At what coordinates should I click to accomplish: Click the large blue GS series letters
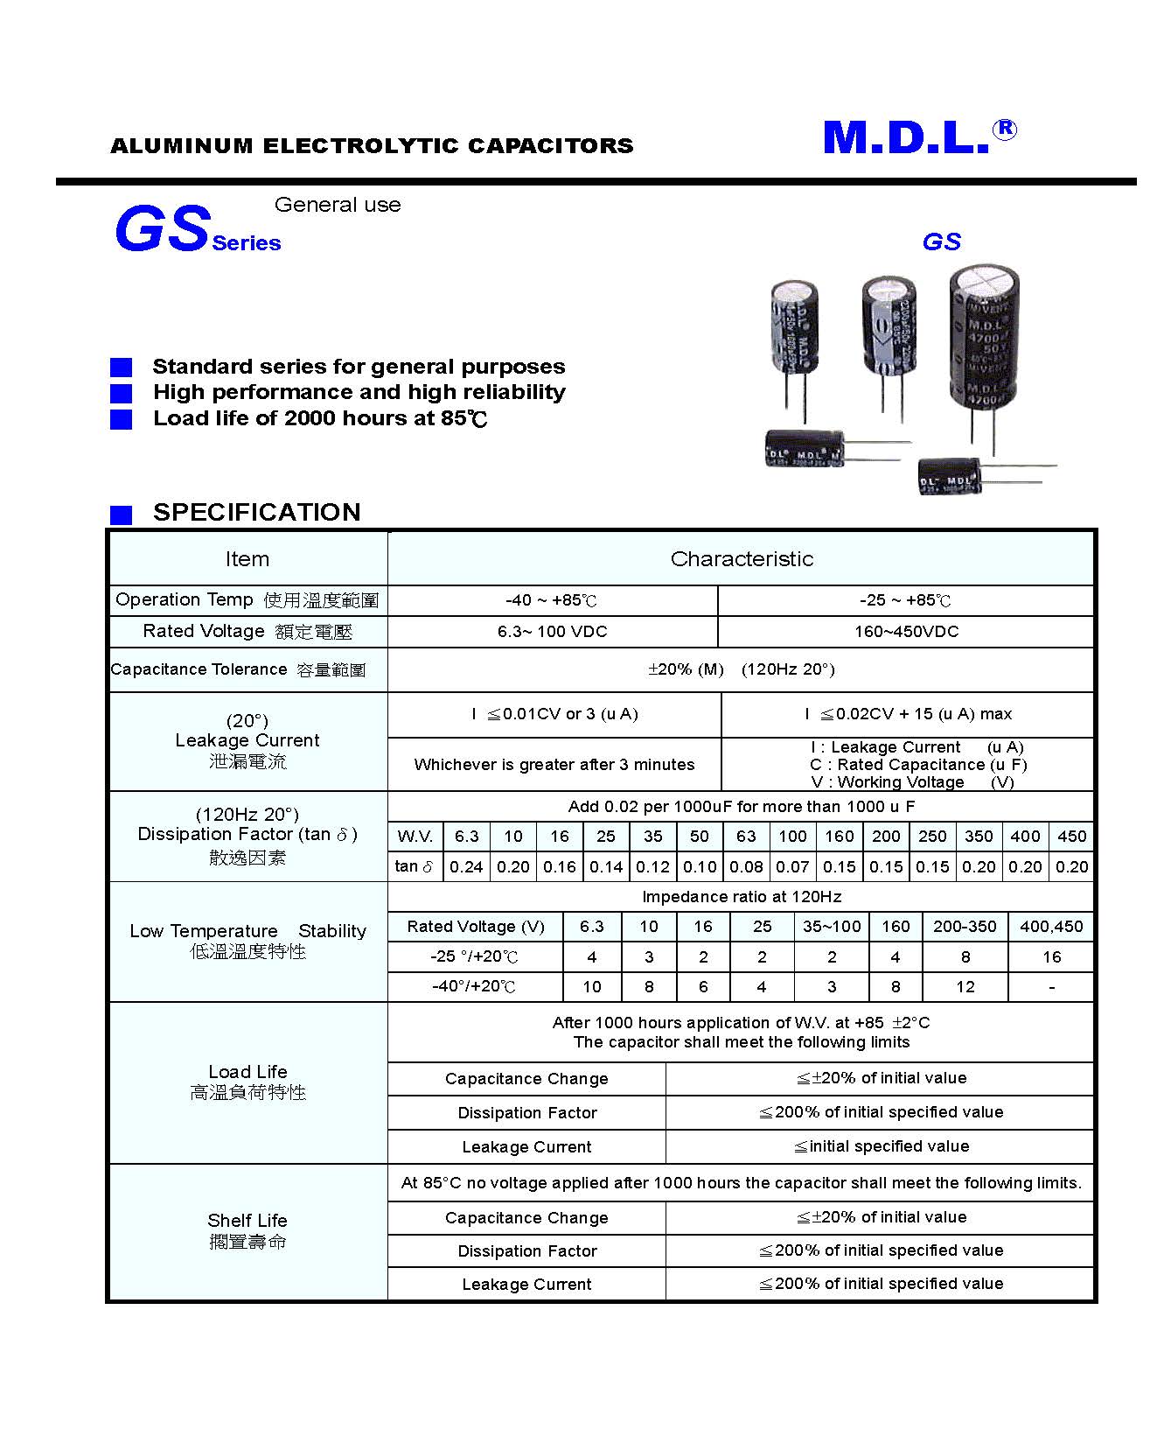click(x=163, y=229)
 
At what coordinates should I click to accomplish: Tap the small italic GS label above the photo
click(x=941, y=242)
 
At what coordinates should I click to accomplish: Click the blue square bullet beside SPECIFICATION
click(x=121, y=515)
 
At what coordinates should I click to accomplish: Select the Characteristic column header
click(x=741, y=559)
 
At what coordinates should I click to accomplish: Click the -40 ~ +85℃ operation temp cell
click(x=552, y=600)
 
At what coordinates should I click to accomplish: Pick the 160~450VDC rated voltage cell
click(x=906, y=632)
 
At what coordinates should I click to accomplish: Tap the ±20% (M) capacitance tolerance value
click(x=686, y=669)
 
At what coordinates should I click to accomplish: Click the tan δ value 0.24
click(x=466, y=867)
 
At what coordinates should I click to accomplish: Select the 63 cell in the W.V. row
click(x=746, y=837)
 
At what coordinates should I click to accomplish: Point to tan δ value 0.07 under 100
click(x=792, y=867)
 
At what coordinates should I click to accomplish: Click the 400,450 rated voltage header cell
click(x=1051, y=927)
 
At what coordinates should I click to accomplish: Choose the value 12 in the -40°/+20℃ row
click(x=965, y=987)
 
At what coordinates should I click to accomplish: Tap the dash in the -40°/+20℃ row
click(x=1051, y=987)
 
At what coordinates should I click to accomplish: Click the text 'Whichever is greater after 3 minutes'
click(x=554, y=765)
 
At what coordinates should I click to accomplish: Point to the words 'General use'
click(x=338, y=205)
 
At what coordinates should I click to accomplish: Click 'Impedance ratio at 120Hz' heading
click(x=741, y=897)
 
